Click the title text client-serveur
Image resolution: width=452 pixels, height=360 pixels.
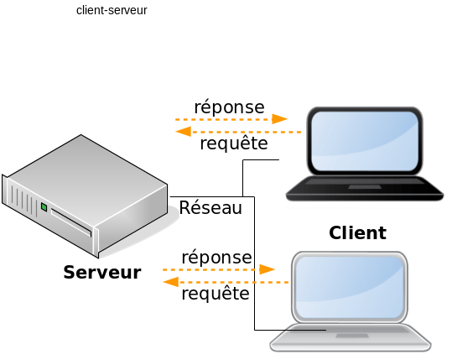click(112, 11)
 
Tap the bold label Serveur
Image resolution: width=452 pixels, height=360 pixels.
click(102, 272)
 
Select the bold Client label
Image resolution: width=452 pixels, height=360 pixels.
click(357, 232)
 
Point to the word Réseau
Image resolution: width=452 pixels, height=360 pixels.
click(210, 207)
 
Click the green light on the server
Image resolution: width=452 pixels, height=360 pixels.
click(44, 206)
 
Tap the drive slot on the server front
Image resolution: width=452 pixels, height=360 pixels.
click(71, 222)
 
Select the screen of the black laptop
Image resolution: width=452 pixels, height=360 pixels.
click(365, 141)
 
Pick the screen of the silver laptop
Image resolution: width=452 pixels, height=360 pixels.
click(349, 287)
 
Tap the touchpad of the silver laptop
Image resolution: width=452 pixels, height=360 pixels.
click(352, 336)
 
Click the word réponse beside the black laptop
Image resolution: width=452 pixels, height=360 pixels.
click(229, 107)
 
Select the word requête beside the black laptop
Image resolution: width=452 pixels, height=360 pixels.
click(234, 143)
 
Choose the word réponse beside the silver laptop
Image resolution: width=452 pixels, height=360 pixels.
click(216, 258)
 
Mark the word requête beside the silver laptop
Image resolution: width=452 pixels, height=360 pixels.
click(216, 294)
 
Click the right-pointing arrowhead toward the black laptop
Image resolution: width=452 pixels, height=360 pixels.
click(279, 119)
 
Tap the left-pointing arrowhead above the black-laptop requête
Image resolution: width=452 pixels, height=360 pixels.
click(184, 132)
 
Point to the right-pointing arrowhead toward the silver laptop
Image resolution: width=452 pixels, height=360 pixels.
click(267, 269)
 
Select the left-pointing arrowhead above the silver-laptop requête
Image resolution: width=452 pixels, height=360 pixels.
click(171, 282)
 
